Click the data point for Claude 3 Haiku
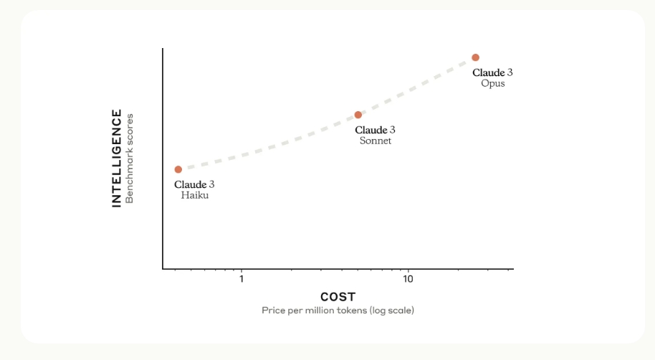[x=178, y=169]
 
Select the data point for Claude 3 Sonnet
[x=358, y=115]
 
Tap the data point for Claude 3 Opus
[x=475, y=57]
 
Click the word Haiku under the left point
[x=195, y=195]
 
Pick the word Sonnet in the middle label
[x=376, y=141]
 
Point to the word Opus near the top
[x=493, y=83]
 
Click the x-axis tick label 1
[x=242, y=279]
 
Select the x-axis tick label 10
[x=408, y=279]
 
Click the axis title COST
[x=338, y=297]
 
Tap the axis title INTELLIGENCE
[x=117, y=158]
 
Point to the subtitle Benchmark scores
[x=130, y=158]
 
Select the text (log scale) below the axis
[x=392, y=311]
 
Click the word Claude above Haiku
[x=190, y=184]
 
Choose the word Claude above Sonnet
[x=370, y=130]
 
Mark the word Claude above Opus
[x=488, y=72]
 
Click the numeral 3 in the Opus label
[x=510, y=72]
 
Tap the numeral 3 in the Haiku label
[x=212, y=184]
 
